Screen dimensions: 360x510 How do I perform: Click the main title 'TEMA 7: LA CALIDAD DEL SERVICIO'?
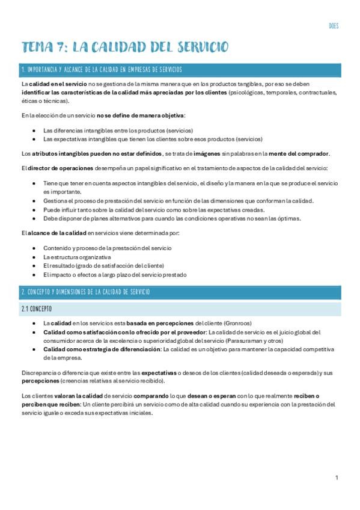coord(125,48)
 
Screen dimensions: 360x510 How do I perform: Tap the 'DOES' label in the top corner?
coord(334,26)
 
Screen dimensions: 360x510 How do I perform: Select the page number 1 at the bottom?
coord(337,478)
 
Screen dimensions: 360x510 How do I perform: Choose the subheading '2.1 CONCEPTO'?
coord(37,309)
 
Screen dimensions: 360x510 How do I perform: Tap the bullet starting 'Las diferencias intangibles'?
coord(118,130)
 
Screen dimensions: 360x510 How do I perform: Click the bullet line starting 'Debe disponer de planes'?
coord(172,219)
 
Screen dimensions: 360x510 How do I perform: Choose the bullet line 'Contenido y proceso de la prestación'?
coord(107,248)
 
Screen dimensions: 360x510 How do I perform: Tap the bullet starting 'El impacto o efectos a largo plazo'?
coord(115,275)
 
